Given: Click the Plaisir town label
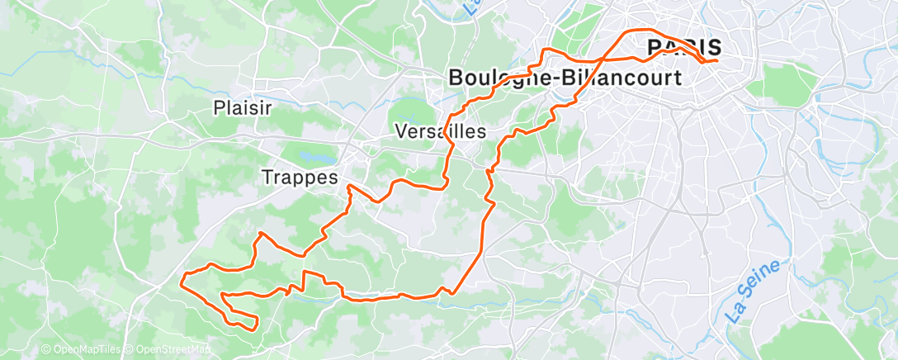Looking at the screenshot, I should point(243,107).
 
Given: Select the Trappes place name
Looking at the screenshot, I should point(300,177).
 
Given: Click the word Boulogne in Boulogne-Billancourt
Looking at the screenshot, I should point(497,78).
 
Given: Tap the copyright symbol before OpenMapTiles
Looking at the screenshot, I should point(46,350).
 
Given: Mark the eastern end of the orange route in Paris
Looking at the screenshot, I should point(716,59).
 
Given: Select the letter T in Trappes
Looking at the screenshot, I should point(267,177).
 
